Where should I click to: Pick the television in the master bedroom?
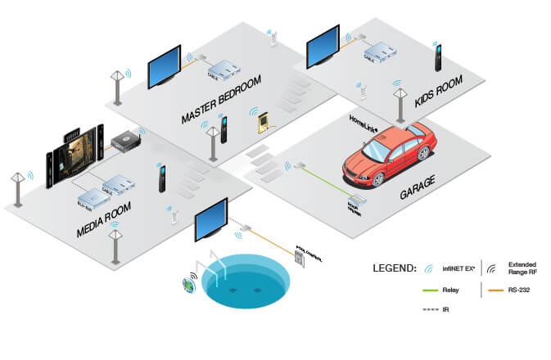[x=164, y=66]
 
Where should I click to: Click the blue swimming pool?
[x=246, y=281]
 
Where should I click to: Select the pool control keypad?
[x=298, y=259]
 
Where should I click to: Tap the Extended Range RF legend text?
[x=523, y=268]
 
